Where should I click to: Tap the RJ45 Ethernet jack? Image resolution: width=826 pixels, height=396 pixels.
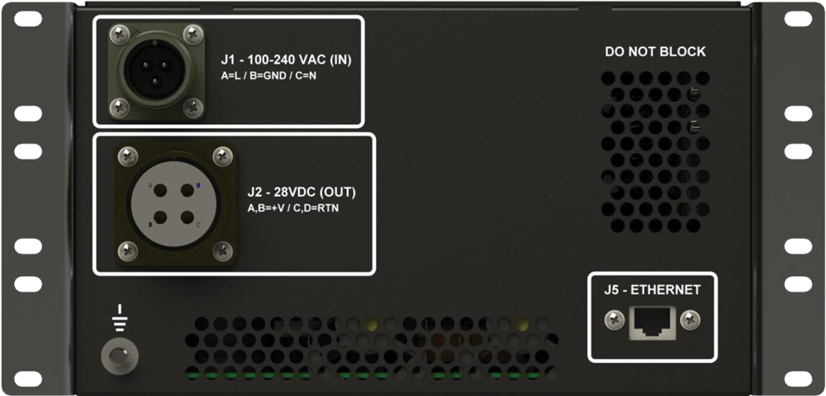tap(653, 321)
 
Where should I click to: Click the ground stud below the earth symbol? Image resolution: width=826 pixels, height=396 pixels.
tap(118, 357)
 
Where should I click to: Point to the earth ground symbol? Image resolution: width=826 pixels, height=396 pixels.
tap(119, 315)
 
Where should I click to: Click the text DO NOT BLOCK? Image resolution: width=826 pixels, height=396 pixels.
tap(655, 52)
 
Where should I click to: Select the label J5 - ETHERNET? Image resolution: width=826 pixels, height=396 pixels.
tap(652, 289)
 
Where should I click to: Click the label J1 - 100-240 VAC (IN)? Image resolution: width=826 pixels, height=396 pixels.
tap(292, 60)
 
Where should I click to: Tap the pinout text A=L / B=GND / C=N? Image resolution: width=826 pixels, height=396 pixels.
tap(268, 76)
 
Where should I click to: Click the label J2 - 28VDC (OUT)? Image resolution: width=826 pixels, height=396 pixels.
tap(301, 193)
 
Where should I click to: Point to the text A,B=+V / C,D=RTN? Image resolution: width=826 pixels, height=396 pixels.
tap(292, 208)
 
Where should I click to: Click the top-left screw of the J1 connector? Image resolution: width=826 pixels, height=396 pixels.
tap(119, 34)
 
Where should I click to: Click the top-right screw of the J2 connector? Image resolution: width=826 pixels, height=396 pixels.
tap(221, 155)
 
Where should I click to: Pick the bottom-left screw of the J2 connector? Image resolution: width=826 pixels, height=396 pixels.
tap(126, 249)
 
